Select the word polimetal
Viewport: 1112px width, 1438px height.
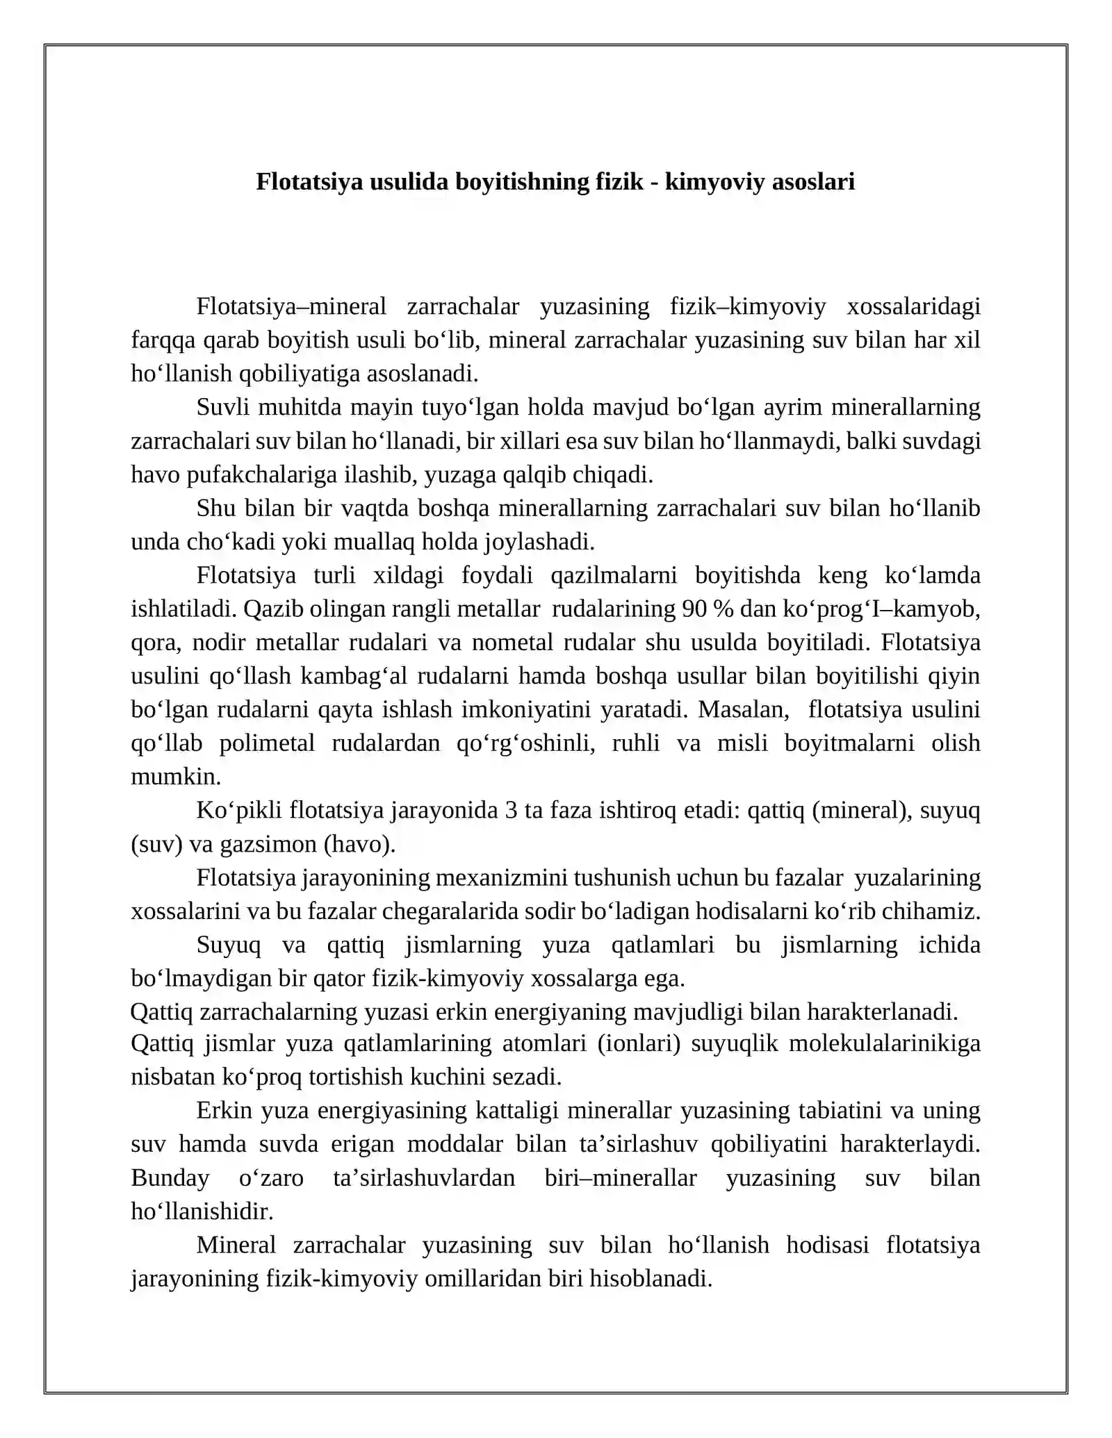coord(267,743)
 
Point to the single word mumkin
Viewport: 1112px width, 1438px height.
coord(176,776)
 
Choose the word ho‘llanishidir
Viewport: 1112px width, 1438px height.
coord(202,1211)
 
